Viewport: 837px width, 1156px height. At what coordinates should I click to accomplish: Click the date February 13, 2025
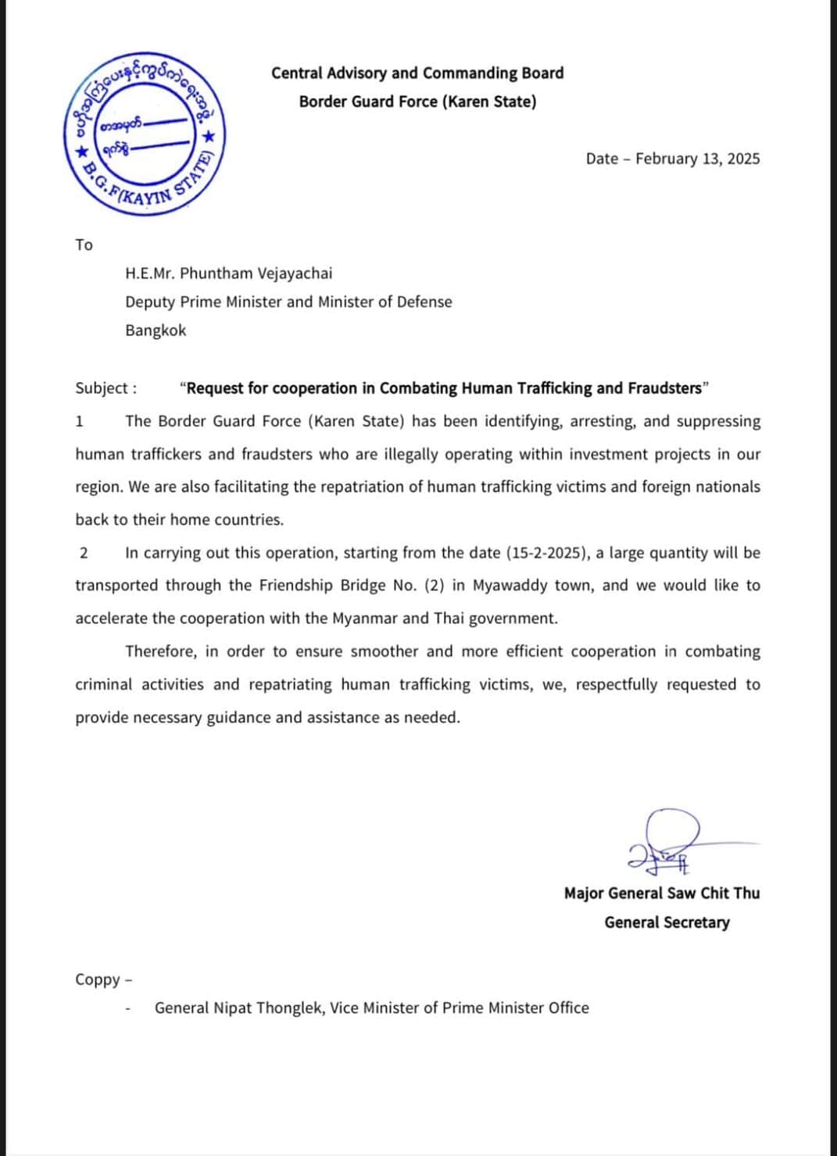point(697,159)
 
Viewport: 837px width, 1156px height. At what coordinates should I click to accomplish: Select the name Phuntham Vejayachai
point(256,273)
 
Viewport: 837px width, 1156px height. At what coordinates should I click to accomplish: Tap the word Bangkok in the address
point(156,330)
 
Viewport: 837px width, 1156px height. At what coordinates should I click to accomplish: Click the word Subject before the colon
point(101,388)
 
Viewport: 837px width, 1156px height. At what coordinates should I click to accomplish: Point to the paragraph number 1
point(79,422)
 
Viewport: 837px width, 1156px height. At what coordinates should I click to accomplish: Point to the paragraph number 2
point(84,553)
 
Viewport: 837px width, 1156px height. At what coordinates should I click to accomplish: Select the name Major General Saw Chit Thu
point(661,893)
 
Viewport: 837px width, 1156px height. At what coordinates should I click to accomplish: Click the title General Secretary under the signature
point(667,922)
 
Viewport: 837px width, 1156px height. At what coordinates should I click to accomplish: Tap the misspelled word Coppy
point(98,979)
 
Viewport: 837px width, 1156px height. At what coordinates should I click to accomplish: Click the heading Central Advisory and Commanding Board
point(417,73)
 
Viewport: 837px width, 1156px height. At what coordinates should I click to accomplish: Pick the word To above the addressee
point(84,245)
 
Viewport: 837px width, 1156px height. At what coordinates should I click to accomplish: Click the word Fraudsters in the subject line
point(664,388)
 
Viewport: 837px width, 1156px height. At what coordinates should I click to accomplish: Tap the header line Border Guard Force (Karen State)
point(417,102)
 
